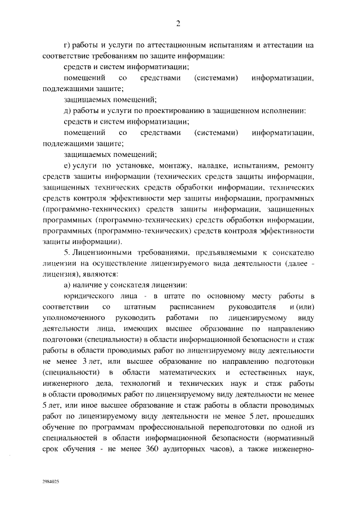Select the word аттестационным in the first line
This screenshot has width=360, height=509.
[x=175, y=44]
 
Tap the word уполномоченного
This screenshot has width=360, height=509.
[x=70, y=318]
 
